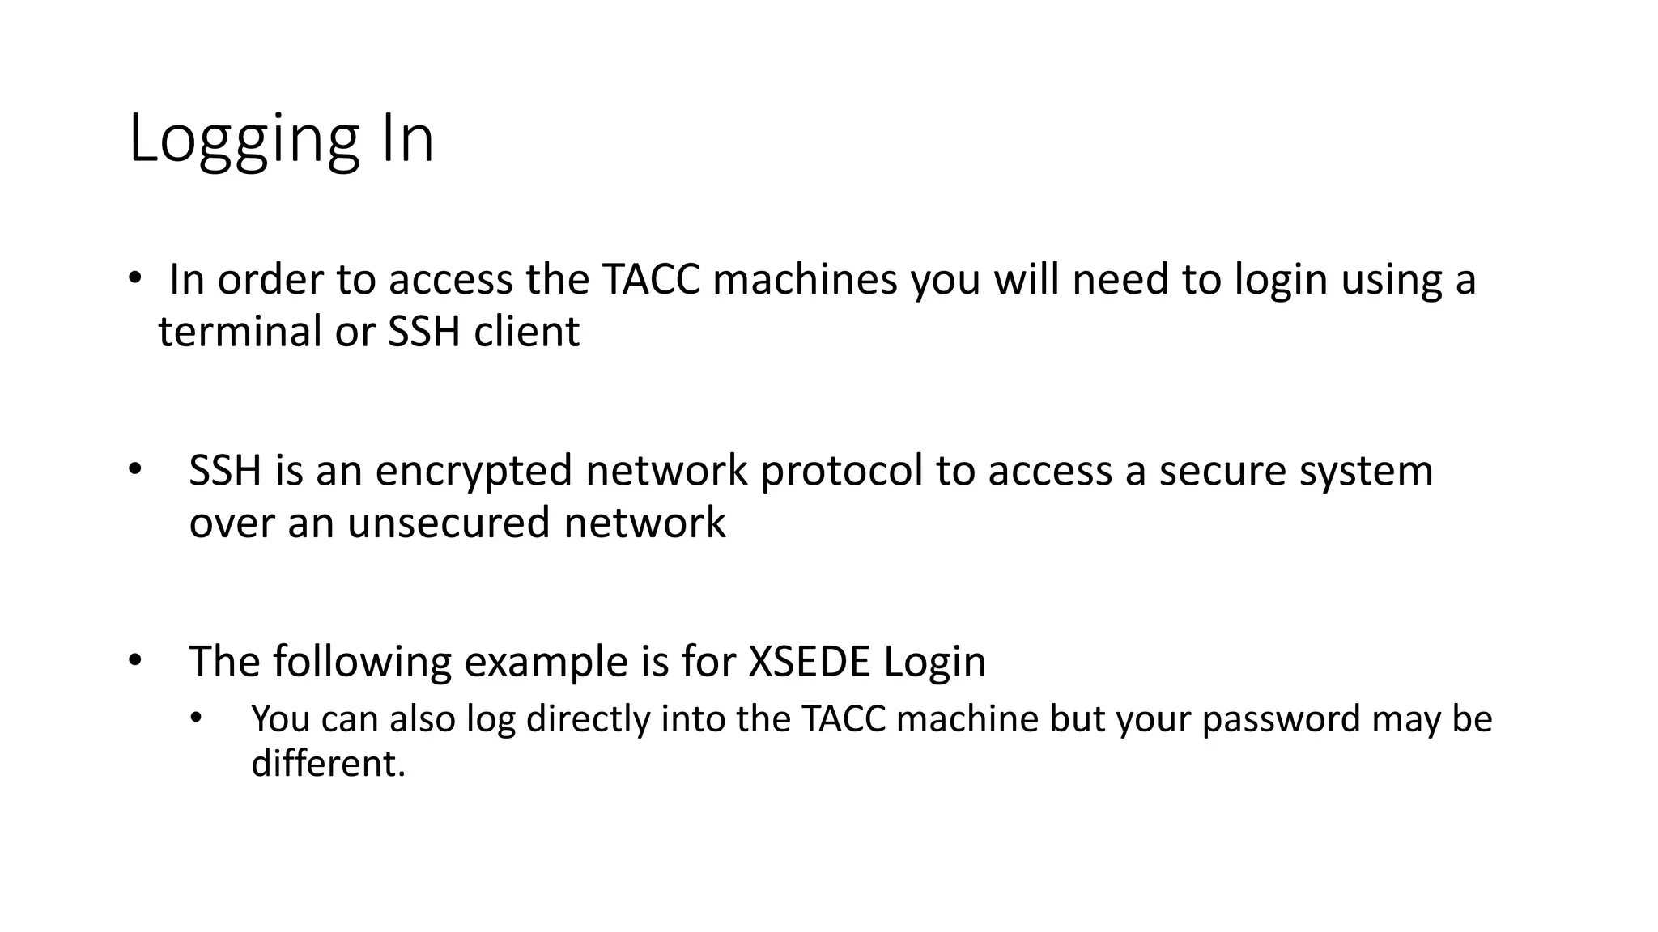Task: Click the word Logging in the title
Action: click(x=244, y=139)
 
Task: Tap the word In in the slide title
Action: click(x=403, y=139)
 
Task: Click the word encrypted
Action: click(x=474, y=471)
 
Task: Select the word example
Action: click(x=546, y=662)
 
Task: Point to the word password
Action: click(x=1281, y=719)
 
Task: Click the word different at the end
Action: click(x=328, y=763)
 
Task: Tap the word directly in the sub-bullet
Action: click(x=588, y=719)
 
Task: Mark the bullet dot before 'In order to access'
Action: click(x=134, y=278)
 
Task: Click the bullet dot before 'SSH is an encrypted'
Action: click(x=134, y=469)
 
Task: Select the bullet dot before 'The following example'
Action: click(x=134, y=660)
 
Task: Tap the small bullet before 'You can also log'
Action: click(x=195, y=718)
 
